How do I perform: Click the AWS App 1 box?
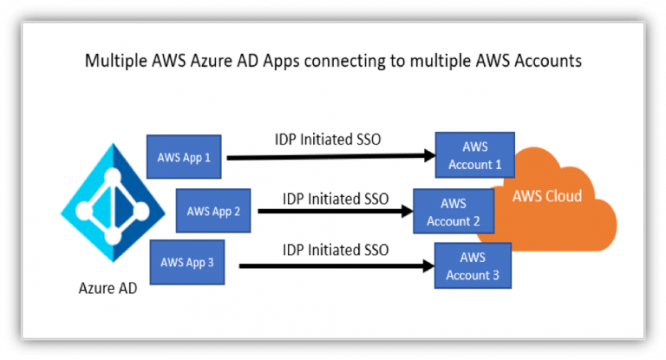coord(184,157)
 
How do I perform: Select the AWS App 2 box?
coord(213,211)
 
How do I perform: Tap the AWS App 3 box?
coord(187,262)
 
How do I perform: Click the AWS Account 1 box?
coord(475,155)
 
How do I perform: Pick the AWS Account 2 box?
coord(454,212)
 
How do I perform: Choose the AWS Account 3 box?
coord(473,265)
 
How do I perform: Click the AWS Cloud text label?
coord(547,196)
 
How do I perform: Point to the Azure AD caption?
coord(108,288)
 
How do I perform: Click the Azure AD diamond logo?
coord(113,203)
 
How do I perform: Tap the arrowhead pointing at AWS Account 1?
coord(429,155)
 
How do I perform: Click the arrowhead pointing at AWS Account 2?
coord(408,211)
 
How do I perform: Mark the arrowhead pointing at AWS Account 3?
coord(428,266)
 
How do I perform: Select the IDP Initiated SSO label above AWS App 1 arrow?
coord(328,140)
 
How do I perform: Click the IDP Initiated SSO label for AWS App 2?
coord(336,199)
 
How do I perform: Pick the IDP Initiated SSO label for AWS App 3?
coord(336,250)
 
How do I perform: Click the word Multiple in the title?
coord(115,61)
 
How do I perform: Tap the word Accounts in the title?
coord(548,61)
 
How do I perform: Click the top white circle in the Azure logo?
coord(113,176)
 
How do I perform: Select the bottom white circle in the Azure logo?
coord(113,236)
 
